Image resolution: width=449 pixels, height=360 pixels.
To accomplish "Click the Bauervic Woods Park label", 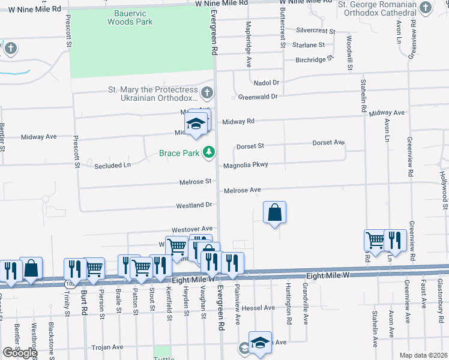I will click(x=130, y=17).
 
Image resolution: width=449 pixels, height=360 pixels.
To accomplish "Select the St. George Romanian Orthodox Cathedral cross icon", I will click(x=426, y=8).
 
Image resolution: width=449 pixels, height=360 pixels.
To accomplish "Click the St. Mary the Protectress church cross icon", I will click(x=207, y=92).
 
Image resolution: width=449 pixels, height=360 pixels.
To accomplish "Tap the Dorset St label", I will click(x=250, y=146).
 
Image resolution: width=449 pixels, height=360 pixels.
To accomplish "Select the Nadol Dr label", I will click(x=267, y=82).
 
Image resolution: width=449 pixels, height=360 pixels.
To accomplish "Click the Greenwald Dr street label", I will click(x=258, y=96).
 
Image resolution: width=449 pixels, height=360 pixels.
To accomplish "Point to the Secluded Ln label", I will click(x=112, y=165).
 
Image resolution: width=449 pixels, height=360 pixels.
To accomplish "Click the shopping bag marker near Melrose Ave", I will click(x=274, y=212).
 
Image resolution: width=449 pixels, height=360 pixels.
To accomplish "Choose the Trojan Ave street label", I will click(x=107, y=347).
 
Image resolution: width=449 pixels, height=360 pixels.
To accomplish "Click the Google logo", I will click(x=19, y=353).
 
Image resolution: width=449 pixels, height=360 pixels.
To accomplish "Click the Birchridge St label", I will click(x=314, y=60).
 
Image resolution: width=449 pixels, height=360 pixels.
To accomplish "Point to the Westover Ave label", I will click(x=192, y=229).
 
